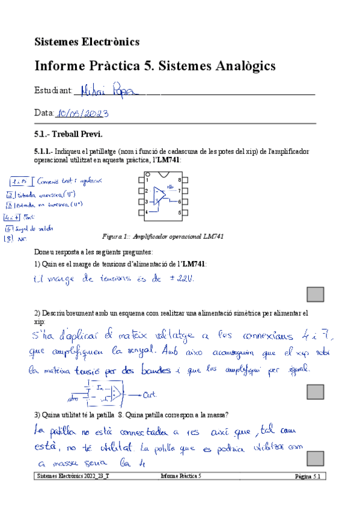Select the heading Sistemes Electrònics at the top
pos(87,41)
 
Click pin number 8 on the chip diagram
pos(180,180)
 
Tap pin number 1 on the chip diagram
pos(147,180)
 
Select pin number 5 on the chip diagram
pos(180,212)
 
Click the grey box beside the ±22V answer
pos(316,294)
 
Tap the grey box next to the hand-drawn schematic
pos(316,392)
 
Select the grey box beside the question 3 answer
pos(316,459)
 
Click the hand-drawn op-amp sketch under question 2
pos(105,393)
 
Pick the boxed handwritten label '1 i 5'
pos(20,180)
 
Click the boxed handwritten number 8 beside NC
pos(8,239)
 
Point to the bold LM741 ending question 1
pos(194,264)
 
